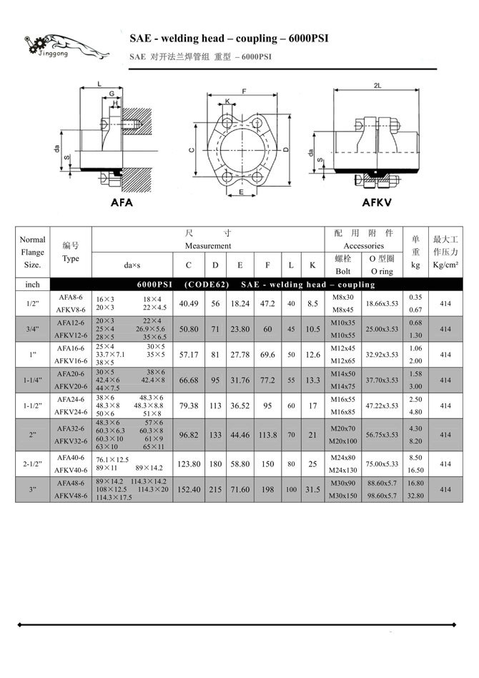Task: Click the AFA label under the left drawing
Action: tap(122, 202)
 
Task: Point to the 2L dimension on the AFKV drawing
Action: tap(377, 85)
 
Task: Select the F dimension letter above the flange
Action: tap(245, 92)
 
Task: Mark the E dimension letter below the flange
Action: tap(242, 192)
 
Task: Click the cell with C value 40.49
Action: tap(188, 303)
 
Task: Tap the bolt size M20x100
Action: tap(343, 441)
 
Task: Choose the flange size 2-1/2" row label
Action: tap(32, 463)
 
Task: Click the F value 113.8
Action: tap(267, 434)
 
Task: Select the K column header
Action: tap(312, 265)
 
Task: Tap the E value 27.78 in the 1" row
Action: tap(239, 354)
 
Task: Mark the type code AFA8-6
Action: tap(70, 297)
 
